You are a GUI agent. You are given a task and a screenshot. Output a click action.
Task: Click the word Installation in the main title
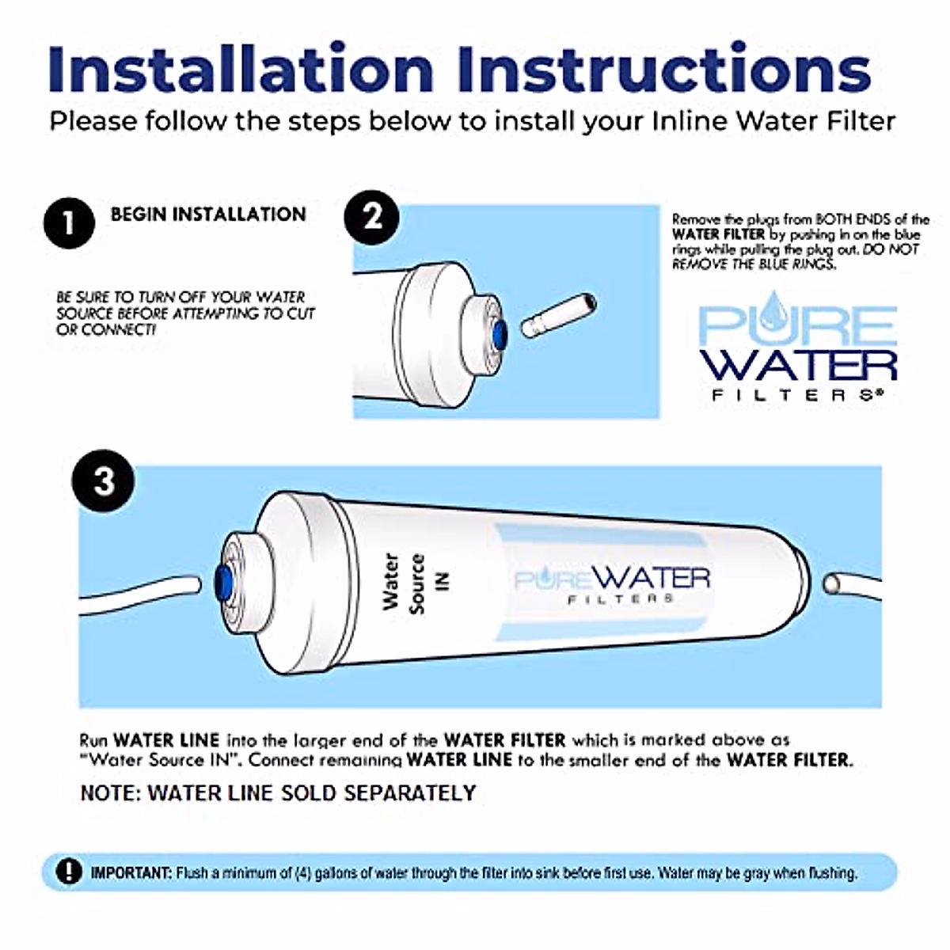click(241, 69)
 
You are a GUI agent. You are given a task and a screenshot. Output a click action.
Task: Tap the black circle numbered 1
click(69, 222)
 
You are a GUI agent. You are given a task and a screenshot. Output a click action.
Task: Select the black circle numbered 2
click(371, 216)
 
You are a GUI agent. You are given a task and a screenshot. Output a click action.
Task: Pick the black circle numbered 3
click(104, 481)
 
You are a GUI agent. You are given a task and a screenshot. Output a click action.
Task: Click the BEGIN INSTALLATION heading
click(208, 215)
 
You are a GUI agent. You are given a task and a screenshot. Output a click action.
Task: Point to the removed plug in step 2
click(558, 313)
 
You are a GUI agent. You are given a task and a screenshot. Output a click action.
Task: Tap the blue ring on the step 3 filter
click(225, 583)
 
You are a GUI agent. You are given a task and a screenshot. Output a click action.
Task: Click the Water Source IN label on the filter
click(414, 583)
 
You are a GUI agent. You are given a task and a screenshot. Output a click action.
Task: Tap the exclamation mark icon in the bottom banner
click(69, 872)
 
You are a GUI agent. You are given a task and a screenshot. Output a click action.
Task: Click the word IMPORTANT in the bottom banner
click(131, 873)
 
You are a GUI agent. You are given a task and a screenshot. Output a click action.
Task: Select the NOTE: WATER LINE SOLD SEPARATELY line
click(278, 792)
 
